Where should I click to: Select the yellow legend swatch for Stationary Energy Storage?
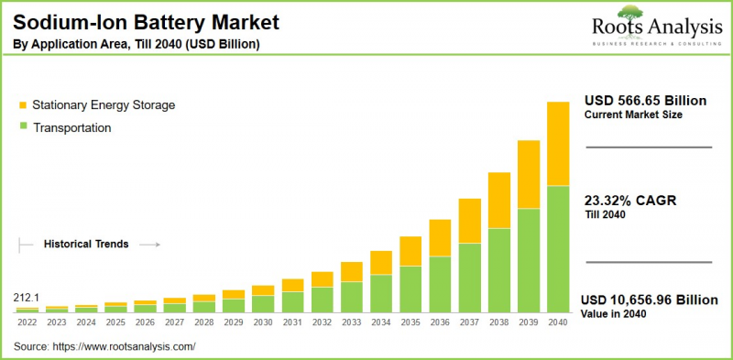(22, 105)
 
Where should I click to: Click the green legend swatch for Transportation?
(22, 128)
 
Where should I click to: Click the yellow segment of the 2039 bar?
(529, 175)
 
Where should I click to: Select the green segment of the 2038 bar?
(499, 270)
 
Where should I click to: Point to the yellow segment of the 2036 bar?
(441, 238)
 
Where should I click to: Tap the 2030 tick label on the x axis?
(263, 322)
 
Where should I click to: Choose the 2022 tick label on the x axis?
(27, 322)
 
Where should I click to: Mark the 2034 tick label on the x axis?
(381, 322)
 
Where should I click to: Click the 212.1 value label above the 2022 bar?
(27, 299)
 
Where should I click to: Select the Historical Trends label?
(86, 245)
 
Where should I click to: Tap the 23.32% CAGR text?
(629, 201)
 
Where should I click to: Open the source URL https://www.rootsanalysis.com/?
(125, 347)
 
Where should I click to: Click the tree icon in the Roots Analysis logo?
(630, 13)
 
